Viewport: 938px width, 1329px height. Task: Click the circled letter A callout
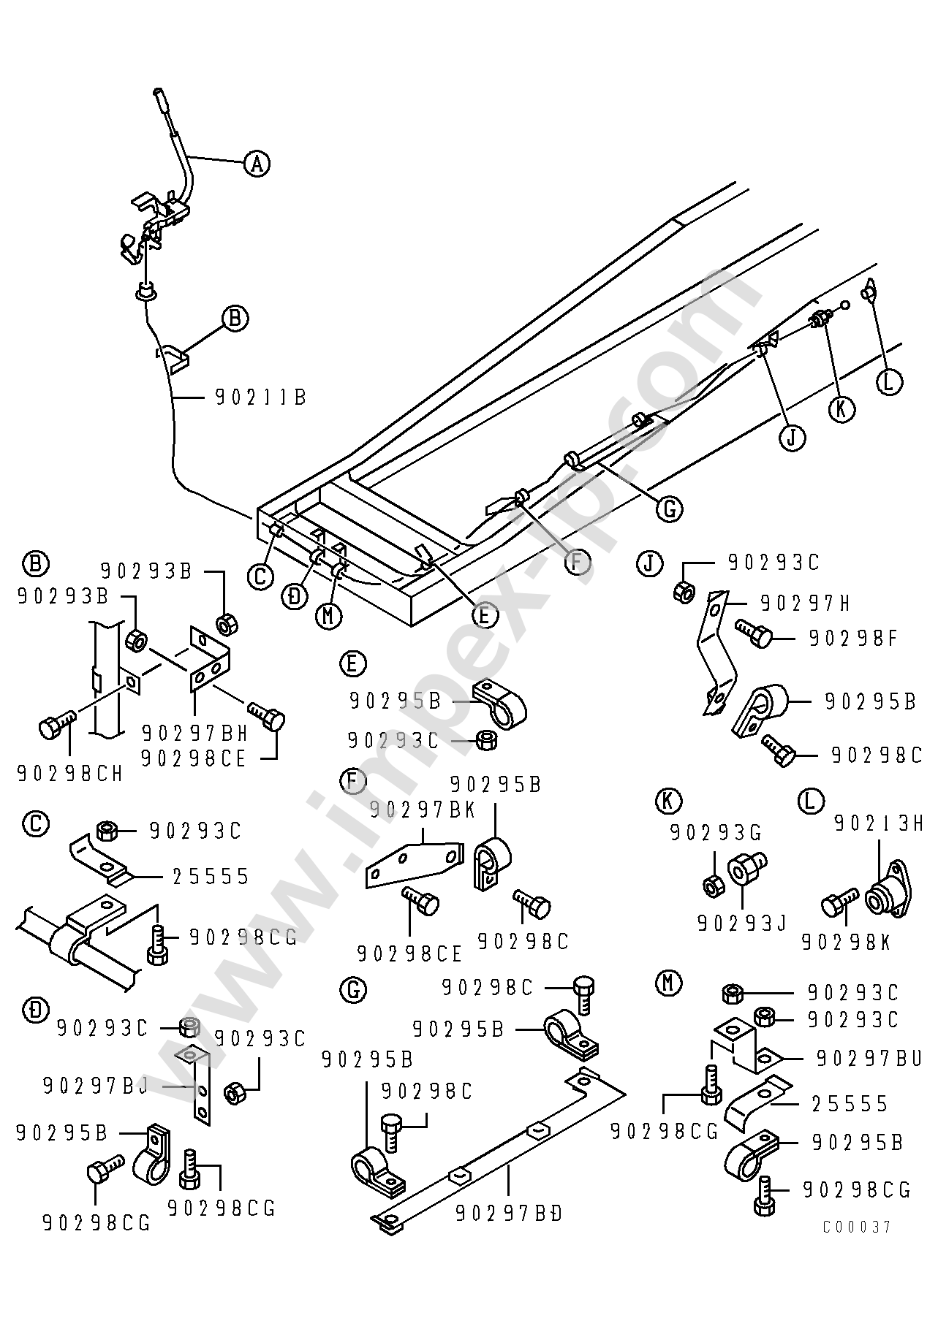coord(256,163)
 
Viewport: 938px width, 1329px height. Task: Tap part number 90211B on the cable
coord(260,397)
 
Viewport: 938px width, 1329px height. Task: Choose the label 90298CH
coord(69,773)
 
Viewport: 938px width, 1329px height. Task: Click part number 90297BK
coord(423,809)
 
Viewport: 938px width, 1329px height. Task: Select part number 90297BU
coord(869,1058)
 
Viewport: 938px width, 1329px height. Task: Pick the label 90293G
coord(716,832)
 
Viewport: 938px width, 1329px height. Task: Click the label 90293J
coord(741,924)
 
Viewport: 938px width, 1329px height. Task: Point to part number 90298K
coord(846,943)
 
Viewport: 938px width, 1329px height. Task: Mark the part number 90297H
coord(806,603)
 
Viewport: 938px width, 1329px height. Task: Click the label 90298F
coord(853,639)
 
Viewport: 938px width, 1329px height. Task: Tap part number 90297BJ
coord(96,1086)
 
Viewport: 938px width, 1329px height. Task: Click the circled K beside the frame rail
coord(841,409)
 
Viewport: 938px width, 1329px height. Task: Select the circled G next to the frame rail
coord(669,508)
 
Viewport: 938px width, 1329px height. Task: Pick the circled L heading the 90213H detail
coord(809,801)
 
